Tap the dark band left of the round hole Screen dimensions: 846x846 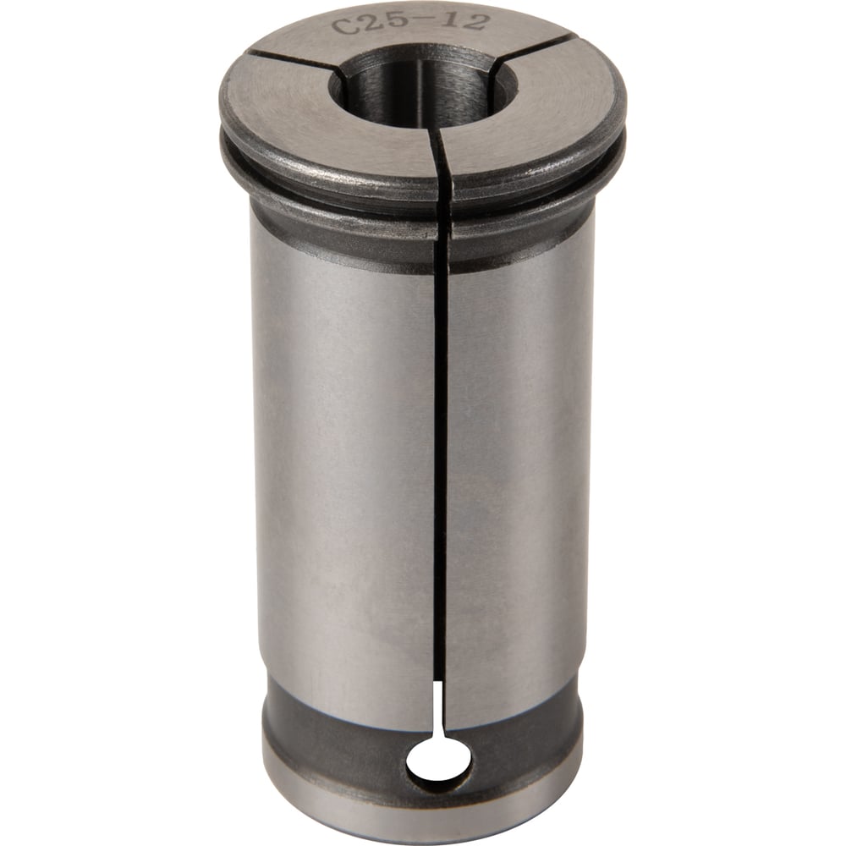coord(338,744)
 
